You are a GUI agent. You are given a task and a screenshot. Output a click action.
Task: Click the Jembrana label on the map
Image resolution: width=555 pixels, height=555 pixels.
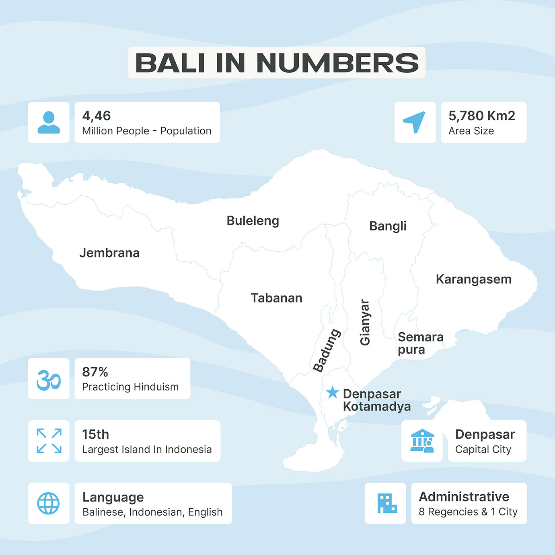coord(109,253)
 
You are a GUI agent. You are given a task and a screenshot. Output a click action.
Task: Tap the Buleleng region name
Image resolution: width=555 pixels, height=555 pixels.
coord(253,221)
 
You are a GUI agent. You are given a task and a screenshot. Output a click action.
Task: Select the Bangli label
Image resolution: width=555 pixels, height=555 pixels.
coord(388,226)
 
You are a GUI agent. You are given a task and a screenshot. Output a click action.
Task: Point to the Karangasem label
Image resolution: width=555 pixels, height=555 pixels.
coord(473,279)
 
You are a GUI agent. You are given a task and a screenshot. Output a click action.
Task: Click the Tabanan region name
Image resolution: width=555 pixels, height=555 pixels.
coord(276,298)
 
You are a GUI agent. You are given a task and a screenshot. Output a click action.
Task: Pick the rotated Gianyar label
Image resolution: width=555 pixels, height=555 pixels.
coord(365,322)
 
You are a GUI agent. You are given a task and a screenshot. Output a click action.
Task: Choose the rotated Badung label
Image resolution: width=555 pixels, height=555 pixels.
coord(327,350)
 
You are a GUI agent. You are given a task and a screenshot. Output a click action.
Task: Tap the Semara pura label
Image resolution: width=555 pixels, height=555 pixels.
coord(420,343)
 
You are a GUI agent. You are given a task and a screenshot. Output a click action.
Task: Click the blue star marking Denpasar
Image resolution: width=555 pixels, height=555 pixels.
coord(333,392)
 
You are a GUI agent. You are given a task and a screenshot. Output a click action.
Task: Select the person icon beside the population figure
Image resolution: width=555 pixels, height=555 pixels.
coord(49,122)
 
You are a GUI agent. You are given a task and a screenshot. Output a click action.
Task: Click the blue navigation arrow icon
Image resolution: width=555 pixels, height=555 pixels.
coord(415,122)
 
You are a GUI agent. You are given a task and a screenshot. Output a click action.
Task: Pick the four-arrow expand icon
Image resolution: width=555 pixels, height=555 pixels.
coord(49,441)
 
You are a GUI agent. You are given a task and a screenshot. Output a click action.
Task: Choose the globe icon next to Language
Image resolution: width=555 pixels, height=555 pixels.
coord(49,503)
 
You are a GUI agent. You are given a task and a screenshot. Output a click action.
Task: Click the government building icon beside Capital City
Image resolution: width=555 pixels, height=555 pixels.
coord(422,441)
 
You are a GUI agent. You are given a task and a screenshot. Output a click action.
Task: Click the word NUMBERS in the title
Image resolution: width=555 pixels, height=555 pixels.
coord(337,63)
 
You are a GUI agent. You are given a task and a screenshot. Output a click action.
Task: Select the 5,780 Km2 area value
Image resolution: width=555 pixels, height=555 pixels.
coord(481,116)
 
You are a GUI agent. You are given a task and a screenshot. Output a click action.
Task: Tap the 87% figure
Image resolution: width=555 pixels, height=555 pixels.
coord(95,372)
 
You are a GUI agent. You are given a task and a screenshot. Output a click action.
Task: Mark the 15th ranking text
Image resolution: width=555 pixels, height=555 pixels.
coord(95,434)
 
